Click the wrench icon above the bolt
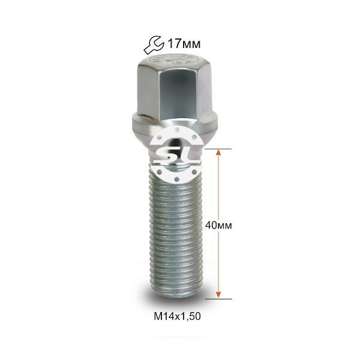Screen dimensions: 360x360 click(x=154, y=44)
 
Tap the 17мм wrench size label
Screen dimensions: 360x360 click(x=184, y=44)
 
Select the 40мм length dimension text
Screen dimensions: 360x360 click(x=218, y=226)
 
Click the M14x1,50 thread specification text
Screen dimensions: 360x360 click(x=177, y=316)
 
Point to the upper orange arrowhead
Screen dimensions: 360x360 click(x=218, y=153)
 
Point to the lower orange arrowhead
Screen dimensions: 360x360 click(x=218, y=295)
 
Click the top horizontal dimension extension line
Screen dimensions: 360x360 click(x=218, y=149)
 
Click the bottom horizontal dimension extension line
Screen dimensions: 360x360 click(x=218, y=299)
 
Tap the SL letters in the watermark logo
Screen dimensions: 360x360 click(x=177, y=155)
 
